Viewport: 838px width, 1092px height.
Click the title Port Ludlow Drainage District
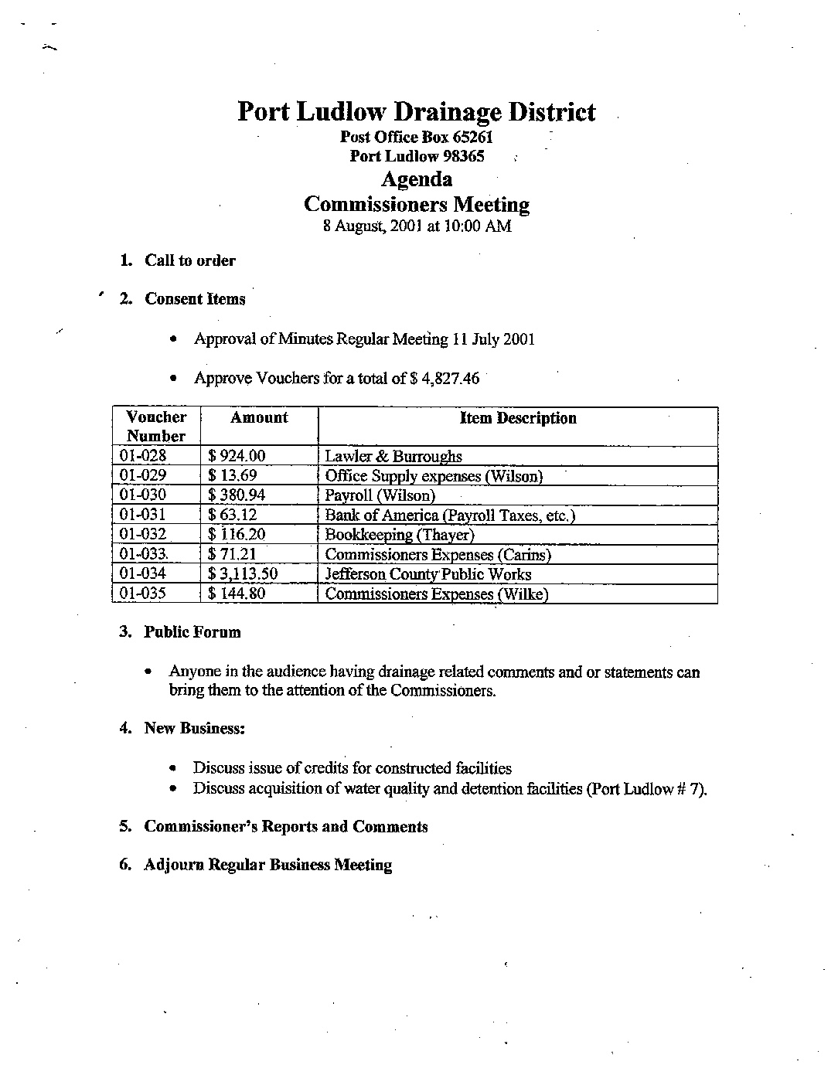point(416,112)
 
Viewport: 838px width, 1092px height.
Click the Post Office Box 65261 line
point(417,138)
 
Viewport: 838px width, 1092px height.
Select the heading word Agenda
point(417,179)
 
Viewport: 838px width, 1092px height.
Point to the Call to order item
point(189,260)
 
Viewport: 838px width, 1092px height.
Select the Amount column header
point(259,418)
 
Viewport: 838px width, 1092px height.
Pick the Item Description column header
point(518,418)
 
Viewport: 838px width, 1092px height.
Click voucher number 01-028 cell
point(144,456)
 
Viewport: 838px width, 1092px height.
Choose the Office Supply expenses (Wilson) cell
point(434,476)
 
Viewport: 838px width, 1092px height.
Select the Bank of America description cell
point(449,515)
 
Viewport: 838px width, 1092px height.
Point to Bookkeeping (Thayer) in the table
point(399,535)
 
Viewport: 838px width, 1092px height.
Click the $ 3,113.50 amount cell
point(243,574)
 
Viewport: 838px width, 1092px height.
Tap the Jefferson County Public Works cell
point(428,574)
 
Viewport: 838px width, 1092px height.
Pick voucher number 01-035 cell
point(144,594)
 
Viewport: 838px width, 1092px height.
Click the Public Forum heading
point(192,632)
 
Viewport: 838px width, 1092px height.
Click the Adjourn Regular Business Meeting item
point(267,865)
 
